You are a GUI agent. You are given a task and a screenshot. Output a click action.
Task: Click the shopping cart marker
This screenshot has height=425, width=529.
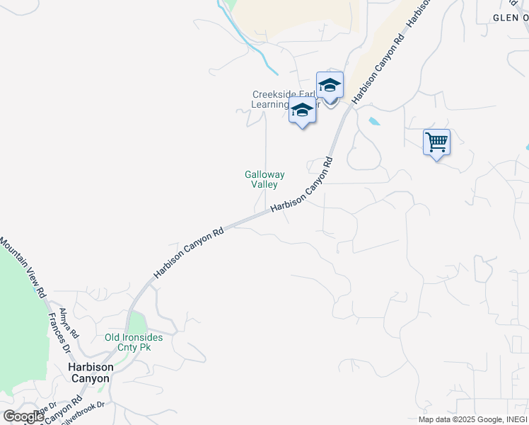pos(436,142)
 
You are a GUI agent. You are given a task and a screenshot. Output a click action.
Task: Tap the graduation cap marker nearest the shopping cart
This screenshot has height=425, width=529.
pos(330,86)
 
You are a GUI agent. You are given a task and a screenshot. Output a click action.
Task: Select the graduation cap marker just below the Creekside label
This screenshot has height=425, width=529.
pos(302,111)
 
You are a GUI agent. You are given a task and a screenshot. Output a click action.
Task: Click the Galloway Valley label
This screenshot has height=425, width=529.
pos(264,178)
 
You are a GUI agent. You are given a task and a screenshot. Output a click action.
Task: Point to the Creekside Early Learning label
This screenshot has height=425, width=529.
pos(283,99)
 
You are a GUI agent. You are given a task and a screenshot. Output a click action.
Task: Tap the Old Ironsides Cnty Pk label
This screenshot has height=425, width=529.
pos(134,343)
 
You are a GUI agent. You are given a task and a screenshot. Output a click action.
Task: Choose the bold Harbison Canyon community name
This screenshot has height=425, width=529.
pos(89,373)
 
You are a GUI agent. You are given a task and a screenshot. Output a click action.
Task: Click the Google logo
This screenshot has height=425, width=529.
pos(23,416)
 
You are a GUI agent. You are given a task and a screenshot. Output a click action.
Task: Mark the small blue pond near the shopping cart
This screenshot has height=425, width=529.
pos(373,121)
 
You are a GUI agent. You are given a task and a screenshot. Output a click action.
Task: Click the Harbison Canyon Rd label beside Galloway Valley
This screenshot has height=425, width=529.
pos(301,184)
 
